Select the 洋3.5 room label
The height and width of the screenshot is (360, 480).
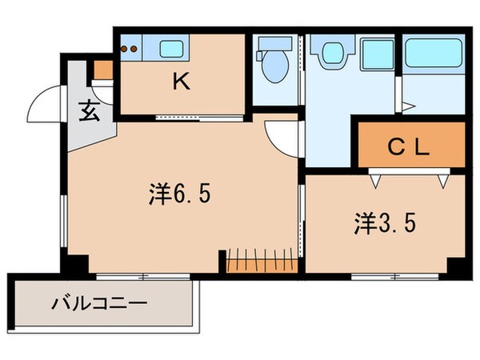(x=385, y=223)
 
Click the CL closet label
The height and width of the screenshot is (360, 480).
(x=410, y=147)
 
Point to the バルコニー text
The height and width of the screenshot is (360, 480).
(x=99, y=304)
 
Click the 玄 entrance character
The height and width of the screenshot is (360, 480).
(x=88, y=111)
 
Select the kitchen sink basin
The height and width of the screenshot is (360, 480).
(x=172, y=49)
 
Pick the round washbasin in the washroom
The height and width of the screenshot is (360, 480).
(x=329, y=52)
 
